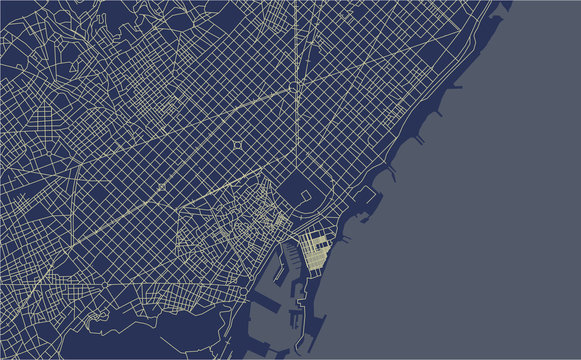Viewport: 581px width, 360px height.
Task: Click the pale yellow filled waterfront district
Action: coord(316,253)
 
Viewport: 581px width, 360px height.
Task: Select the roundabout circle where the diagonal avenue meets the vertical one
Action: coord(297,87)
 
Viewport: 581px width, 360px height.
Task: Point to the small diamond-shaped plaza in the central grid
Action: coord(237,145)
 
